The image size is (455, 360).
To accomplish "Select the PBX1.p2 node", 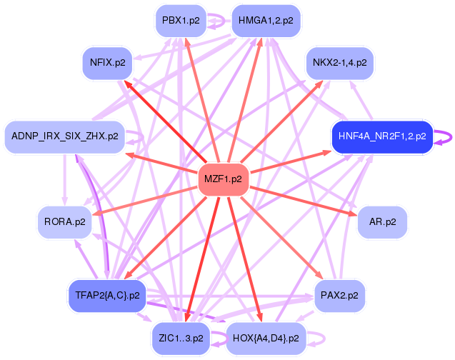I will pos(181,21).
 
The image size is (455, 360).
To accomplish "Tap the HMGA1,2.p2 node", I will pos(266,21).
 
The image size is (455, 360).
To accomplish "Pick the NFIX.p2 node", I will pos(108,63).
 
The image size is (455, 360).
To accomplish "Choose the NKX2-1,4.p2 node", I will pos(340,63).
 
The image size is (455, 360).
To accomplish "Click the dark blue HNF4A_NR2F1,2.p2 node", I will pos(382,136).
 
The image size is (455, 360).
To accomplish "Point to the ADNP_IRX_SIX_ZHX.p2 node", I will pos(65,136).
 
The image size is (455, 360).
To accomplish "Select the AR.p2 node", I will pos(382,222).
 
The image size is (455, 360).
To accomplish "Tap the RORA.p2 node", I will pos(65,222).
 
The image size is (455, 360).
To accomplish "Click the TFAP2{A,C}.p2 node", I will pos(106,294).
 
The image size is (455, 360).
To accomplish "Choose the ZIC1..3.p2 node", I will pos(181,336).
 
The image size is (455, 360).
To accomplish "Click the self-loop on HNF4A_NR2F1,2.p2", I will pos(444,136).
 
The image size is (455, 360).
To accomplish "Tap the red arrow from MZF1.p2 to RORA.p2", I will pos(143,201).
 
